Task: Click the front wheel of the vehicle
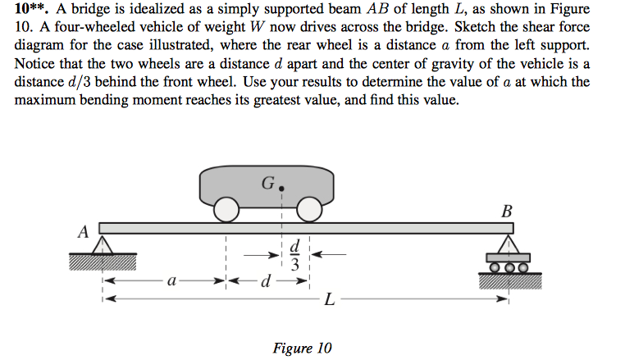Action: pos(308,212)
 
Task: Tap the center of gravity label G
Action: pos(267,183)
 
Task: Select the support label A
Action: pos(82,232)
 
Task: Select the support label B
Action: pos(507,211)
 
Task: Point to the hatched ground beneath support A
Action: pos(102,261)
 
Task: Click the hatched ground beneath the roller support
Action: pos(510,280)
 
